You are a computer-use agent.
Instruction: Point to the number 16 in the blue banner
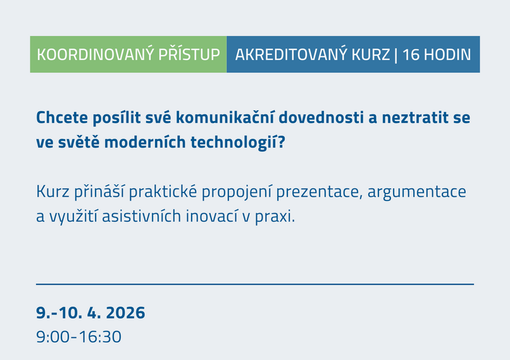411,54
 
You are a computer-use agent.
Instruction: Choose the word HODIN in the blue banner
447,54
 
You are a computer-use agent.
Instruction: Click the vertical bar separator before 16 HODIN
396,54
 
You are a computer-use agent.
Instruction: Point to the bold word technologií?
244,142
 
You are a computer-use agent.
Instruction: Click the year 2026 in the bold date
125,313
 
